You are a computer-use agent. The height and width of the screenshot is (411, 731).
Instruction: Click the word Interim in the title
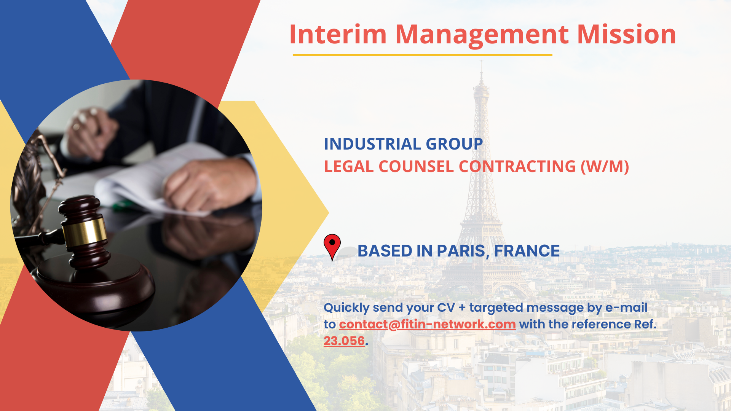338,34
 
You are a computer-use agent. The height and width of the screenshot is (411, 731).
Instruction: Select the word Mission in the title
627,34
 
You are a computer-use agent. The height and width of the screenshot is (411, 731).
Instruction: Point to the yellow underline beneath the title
422,55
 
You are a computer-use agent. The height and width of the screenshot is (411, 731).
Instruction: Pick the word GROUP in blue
454,144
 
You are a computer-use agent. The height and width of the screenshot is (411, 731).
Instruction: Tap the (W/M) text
605,167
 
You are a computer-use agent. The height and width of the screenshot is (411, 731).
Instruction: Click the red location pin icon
332,246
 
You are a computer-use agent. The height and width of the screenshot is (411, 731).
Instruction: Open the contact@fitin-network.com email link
427,324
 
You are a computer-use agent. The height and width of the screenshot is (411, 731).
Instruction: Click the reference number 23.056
344,341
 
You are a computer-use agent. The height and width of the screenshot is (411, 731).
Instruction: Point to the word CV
445,307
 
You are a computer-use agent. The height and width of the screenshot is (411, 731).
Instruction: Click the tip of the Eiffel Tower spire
481,61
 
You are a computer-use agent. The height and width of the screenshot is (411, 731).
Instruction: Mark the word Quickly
346,308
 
